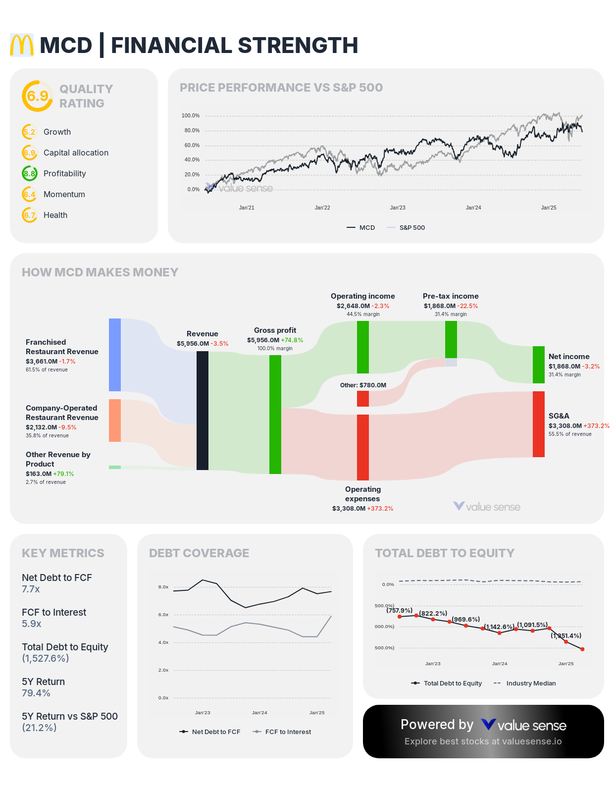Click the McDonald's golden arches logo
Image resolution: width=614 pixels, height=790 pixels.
point(22,45)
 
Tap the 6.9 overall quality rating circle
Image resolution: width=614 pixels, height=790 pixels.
point(38,96)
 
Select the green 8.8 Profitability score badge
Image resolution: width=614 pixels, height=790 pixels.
point(30,173)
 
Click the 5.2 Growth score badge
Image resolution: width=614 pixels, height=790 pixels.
point(30,132)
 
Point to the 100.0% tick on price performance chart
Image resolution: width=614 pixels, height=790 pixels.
point(191,116)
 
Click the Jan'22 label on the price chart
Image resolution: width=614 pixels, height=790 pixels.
point(322,208)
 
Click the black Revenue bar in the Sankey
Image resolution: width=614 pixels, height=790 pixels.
point(203,410)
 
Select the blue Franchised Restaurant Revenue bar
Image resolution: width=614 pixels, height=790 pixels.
point(115,355)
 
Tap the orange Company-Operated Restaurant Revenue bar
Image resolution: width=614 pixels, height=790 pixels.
point(115,420)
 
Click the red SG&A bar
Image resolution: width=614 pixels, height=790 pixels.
point(538,424)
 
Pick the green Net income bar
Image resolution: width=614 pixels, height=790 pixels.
point(538,365)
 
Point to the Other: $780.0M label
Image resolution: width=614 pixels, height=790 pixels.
point(363,385)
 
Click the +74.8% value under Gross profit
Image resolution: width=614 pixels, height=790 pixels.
point(292,340)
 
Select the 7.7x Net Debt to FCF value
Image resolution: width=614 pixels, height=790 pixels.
point(31,589)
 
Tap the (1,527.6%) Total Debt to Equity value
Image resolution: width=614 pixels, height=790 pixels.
point(45,659)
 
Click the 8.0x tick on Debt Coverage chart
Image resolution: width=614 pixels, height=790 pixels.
point(163,587)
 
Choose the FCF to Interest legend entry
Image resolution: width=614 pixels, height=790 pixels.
point(288,732)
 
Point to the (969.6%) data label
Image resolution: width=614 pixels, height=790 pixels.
point(466,620)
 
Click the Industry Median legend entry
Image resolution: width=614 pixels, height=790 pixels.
point(530,684)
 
